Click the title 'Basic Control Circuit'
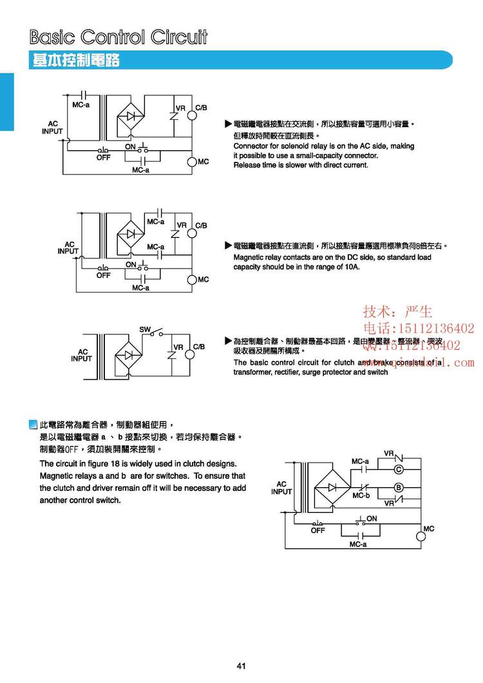point(119,37)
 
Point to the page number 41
point(241,666)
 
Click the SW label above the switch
point(145,329)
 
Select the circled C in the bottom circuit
point(399,468)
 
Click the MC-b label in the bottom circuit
point(361,495)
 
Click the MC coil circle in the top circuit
point(192,161)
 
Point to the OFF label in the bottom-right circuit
point(318,531)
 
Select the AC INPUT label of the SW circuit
point(82,355)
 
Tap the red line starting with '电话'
point(419,329)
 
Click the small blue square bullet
point(34,425)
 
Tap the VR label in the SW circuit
point(178,347)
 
